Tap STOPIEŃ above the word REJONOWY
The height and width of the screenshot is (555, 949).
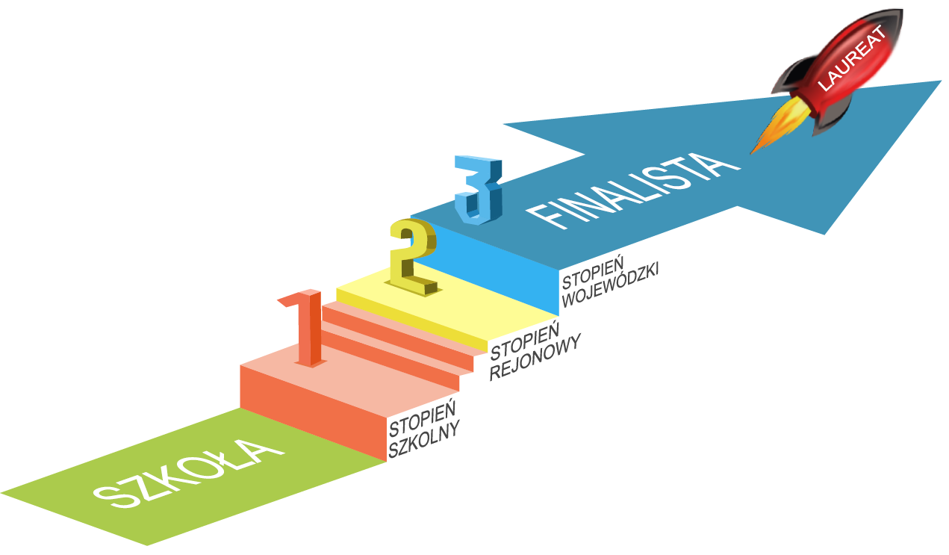tap(524, 336)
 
